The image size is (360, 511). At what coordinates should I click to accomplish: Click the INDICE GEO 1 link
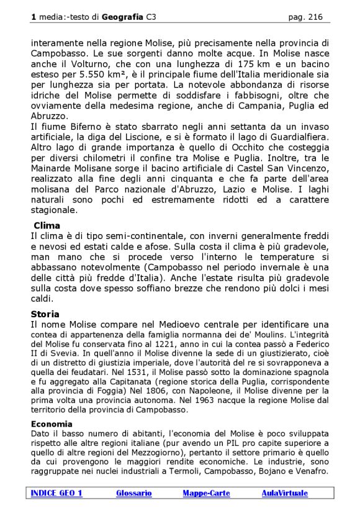click(56, 493)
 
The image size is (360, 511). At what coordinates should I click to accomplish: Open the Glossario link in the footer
click(133, 493)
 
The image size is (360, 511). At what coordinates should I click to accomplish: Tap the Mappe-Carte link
click(206, 493)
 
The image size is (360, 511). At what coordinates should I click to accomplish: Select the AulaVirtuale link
click(284, 493)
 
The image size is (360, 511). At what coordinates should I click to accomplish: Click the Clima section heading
click(47, 225)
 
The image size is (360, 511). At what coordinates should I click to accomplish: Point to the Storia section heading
click(45, 314)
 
